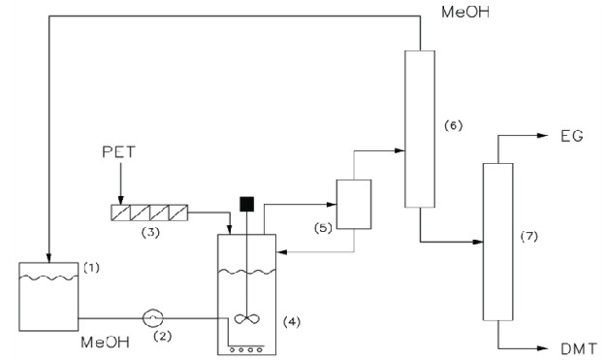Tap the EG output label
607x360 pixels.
570,137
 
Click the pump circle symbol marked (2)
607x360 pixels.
152,316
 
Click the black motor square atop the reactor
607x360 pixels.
246,205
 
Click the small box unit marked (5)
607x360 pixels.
354,204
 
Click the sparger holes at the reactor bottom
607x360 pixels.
247,344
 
